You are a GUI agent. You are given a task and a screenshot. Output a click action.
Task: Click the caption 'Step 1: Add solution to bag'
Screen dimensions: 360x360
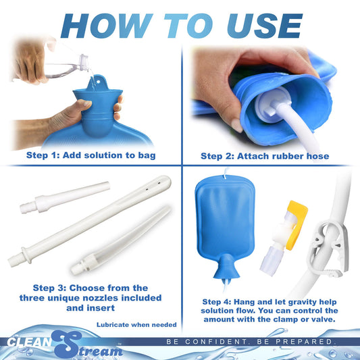[91, 156]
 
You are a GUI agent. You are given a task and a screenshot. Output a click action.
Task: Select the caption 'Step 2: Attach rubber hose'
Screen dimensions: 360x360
[265, 156]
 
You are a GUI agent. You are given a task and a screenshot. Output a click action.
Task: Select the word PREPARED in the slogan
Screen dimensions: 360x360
[308, 342]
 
